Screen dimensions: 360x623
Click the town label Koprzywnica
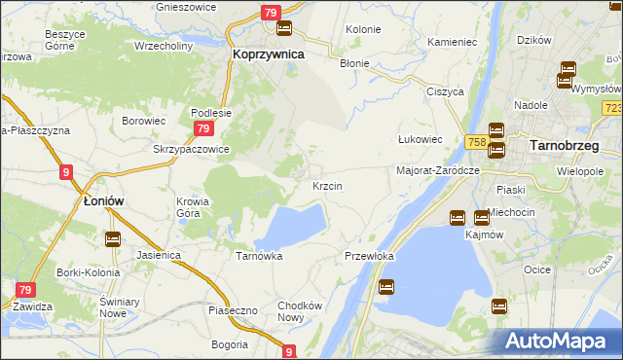(x=269, y=55)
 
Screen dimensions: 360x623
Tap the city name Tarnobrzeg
(x=563, y=146)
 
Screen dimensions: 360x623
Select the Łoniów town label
(x=102, y=201)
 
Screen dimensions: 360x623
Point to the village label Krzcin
(x=325, y=185)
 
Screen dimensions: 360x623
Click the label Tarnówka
(x=259, y=256)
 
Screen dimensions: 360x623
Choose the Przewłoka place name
(x=369, y=256)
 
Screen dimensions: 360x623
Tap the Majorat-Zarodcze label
(x=439, y=170)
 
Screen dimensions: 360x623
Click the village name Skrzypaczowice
(x=191, y=149)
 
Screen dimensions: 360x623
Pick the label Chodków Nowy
(x=300, y=311)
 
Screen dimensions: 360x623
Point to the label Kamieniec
(x=452, y=44)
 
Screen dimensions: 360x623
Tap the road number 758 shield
(x=476, y=142)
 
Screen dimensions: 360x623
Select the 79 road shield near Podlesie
(x=202, y=128)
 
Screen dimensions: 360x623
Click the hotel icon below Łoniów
(x=112, y=238)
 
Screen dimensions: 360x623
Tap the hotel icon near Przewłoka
(x=386, y=287)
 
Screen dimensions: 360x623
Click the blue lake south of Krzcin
(x=292, y=226)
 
